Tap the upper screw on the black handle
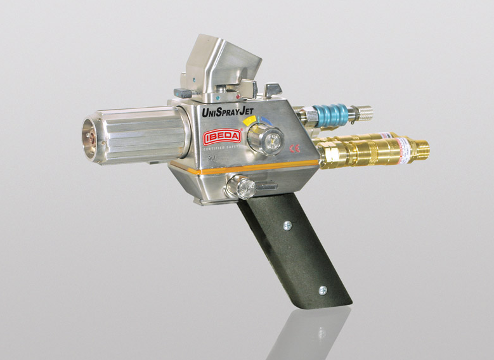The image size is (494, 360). [287, 226]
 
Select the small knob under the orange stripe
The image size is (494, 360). [242, 187]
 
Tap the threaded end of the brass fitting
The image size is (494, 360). [419, 150]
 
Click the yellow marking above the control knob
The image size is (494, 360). [249, 120]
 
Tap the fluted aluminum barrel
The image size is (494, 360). [143, 134]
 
